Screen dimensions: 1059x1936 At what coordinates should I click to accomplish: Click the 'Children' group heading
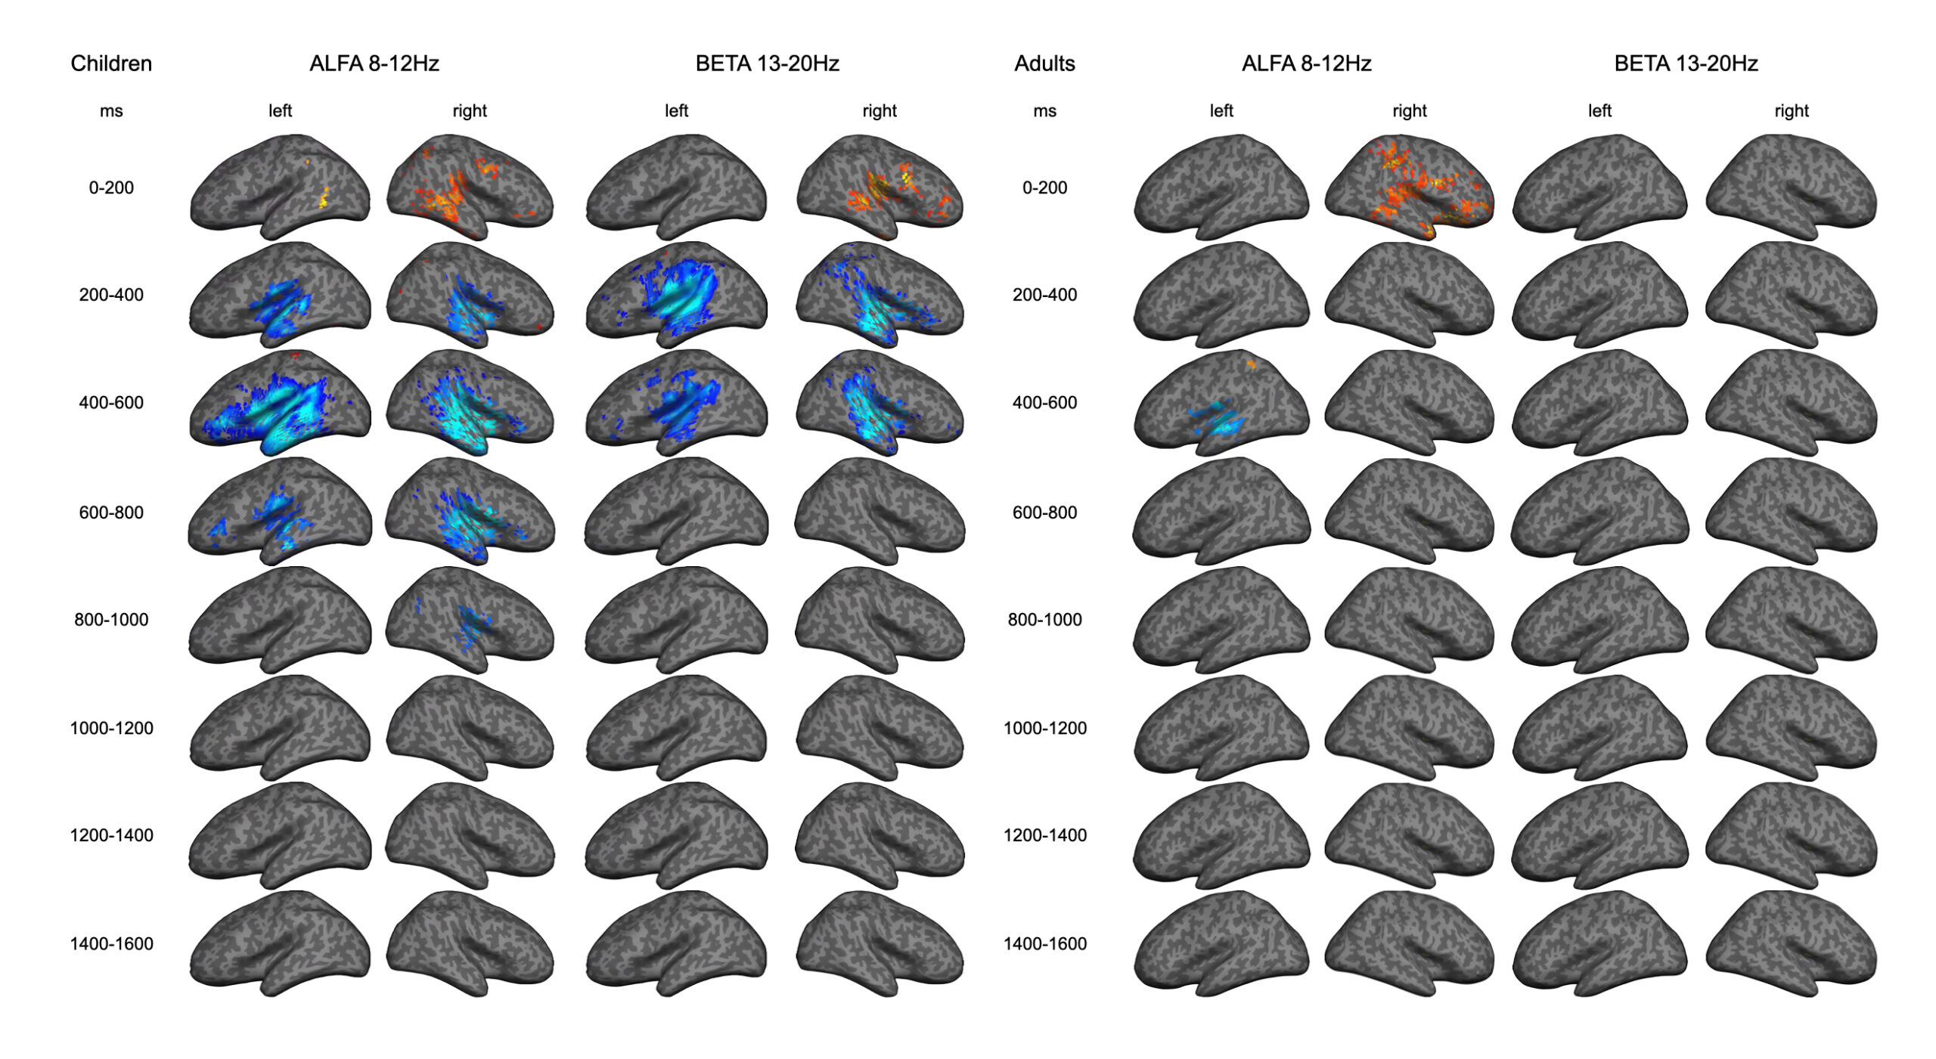click(111, 63)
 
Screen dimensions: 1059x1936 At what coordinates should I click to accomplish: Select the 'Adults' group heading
click(1044, 63)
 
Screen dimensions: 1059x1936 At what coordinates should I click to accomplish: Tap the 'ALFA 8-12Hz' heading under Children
click(374, 63)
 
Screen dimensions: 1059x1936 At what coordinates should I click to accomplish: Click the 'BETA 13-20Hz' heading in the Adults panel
click(1686, 63)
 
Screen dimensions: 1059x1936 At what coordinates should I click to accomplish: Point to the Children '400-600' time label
click(111, 403)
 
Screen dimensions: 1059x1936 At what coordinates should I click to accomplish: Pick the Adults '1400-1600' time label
click(1044, 944)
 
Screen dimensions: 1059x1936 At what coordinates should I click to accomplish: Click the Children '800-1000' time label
click(111, 620)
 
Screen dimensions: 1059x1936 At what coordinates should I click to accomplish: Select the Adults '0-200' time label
click(1044, 187)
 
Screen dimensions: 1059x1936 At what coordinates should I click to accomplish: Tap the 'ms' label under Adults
click(1044, 111)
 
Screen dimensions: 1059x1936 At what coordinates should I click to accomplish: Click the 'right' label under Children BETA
click(880, 111)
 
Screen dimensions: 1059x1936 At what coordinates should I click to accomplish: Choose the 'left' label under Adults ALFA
click(1221, 111)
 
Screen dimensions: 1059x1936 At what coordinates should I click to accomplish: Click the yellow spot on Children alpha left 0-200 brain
click(323, 199)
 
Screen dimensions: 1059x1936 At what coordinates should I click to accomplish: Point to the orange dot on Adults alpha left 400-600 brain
click(1251, 364)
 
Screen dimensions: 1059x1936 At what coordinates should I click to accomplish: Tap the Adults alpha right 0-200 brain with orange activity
click(1410, 187)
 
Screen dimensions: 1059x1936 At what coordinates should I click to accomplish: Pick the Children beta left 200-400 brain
click(677, 295)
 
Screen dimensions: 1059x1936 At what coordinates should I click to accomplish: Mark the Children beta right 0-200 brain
click(880, 187)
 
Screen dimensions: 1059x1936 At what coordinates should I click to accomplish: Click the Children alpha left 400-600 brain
click(280, 403)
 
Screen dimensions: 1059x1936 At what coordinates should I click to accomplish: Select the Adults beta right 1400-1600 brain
click(1792, 944)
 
